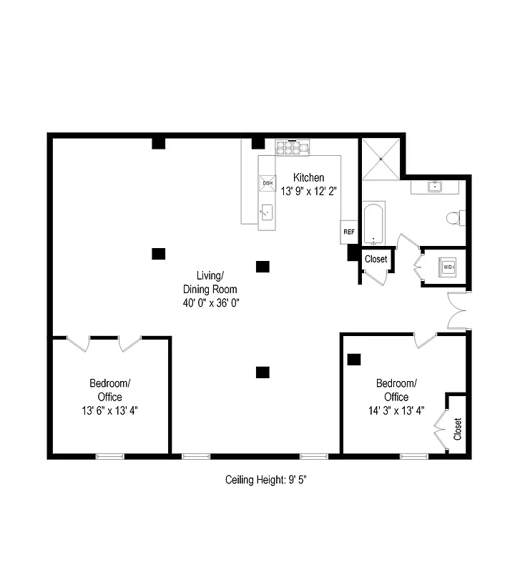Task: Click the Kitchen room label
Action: tap(308, 177)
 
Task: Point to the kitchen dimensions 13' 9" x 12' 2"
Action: tap(308, 191)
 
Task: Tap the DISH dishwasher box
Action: tap(268, 184)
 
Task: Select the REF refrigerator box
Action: tap(349, 231)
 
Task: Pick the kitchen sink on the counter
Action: tap(267, 212)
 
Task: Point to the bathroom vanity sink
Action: tap(433, 187)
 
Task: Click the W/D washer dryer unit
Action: tap(448, 267)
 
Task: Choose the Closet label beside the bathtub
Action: tap(376, 260)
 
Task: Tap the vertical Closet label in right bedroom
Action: tap(458, 429)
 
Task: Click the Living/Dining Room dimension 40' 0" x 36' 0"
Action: tap(210, 302)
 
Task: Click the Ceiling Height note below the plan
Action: tap(267, 480)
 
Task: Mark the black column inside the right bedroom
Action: tap(353, 359)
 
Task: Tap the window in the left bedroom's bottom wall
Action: tap(110, 456)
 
